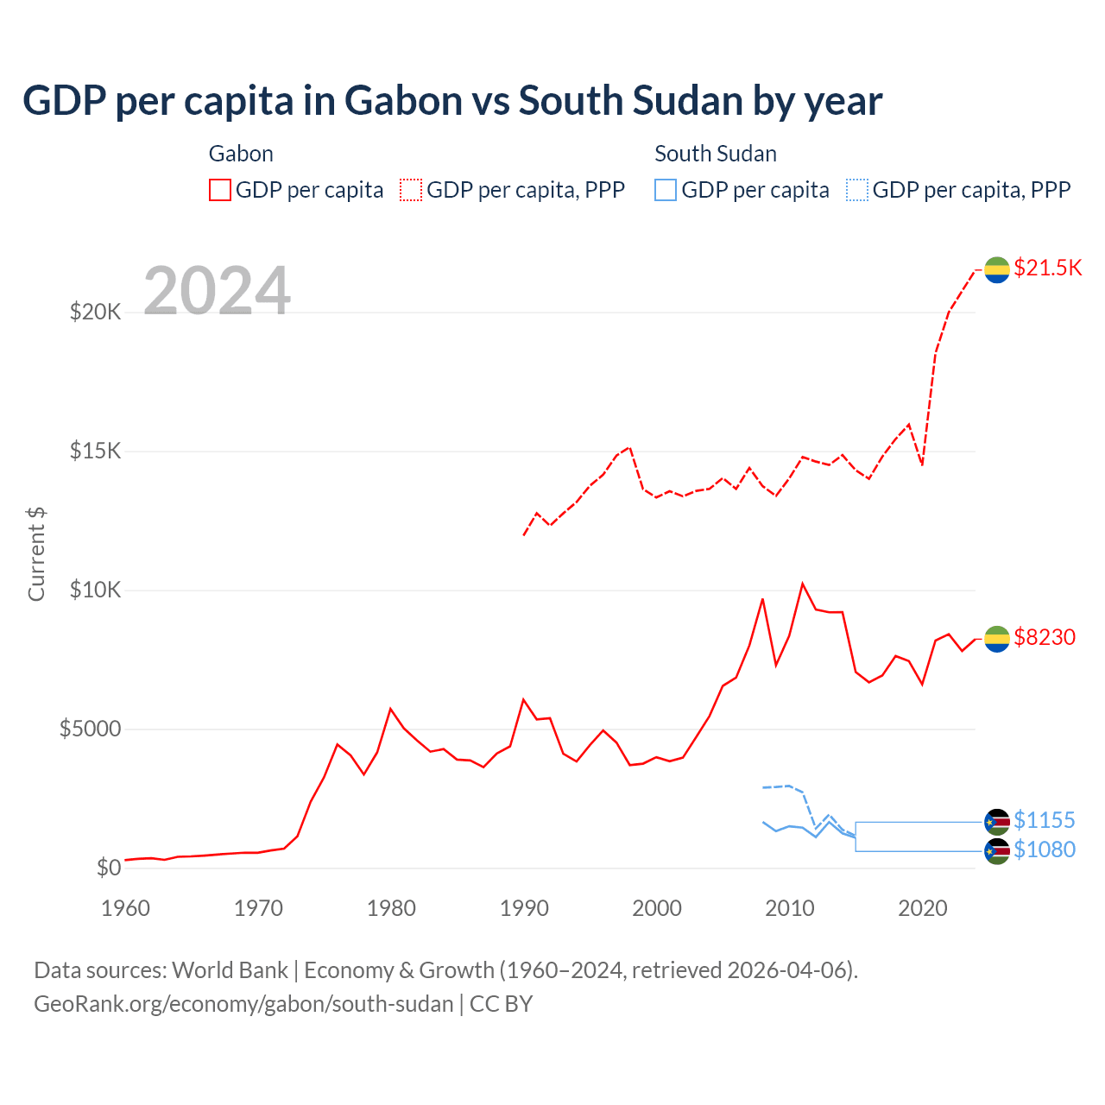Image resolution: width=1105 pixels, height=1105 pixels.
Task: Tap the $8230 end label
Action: [1045, 637]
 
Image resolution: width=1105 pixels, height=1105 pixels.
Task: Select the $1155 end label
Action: [1045, 820]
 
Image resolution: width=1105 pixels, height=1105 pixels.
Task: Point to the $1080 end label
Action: [1045, 849]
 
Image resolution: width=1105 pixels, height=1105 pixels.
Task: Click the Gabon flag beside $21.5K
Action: [997, 269]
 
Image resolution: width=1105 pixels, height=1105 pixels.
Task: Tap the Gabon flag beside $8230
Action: [997, 639]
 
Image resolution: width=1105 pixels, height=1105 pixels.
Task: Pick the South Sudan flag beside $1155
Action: [997, 821]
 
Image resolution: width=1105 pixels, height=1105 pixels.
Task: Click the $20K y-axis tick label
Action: [96, 312]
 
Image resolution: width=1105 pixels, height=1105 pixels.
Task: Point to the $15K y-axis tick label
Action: [96, 451]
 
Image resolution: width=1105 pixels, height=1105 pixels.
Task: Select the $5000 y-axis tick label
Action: [91, 729]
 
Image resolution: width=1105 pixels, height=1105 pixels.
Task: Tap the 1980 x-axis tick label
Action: [391, 908]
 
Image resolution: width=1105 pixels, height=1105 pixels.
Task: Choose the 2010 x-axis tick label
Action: [790, 908]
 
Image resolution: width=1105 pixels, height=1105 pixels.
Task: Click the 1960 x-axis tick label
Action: [125, 908]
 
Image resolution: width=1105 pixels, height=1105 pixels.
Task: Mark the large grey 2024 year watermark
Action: [217, 291]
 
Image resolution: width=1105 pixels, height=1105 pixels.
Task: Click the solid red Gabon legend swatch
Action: [220, 190]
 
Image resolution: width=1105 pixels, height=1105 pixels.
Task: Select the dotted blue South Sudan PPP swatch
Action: [857, 190]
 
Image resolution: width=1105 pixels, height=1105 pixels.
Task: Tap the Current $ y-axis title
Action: [36, 554]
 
